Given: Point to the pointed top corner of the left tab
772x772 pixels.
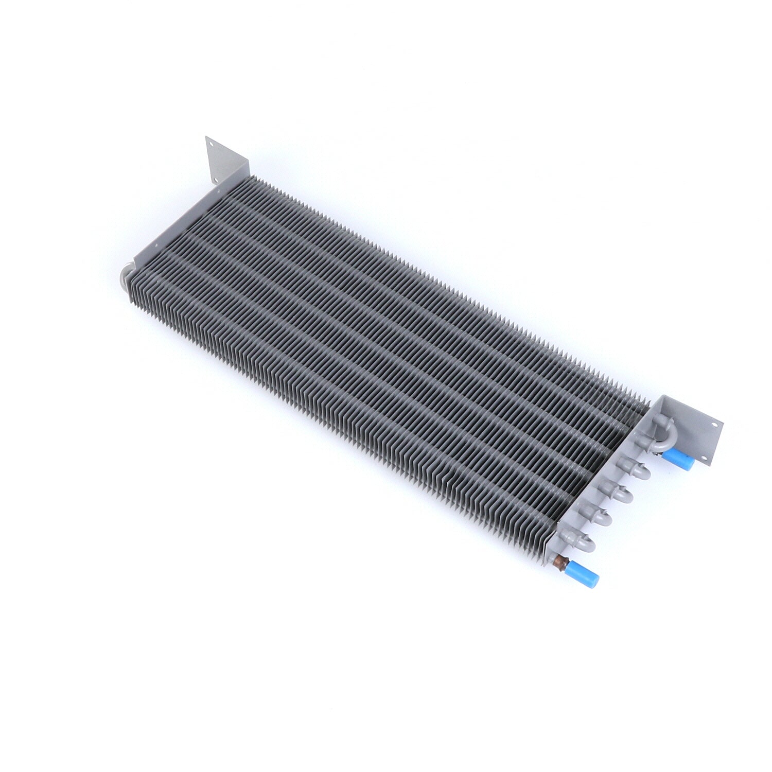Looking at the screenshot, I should point(206,137).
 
